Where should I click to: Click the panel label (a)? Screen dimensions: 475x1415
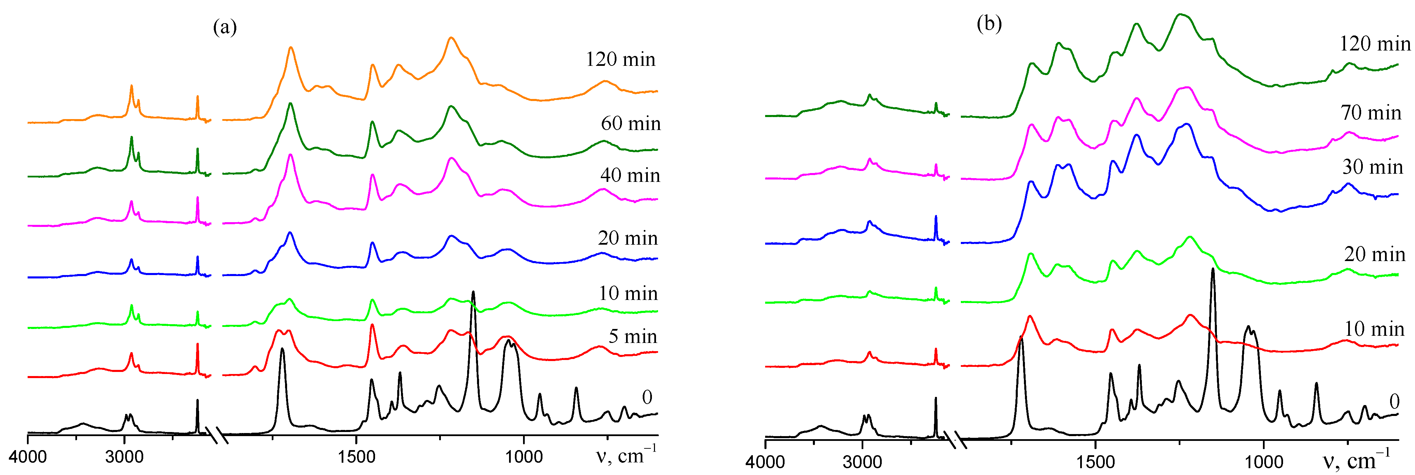pyautogui.click(x=225, y=26)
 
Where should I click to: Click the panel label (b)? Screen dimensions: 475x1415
pyautogui.click(x=989, y=23)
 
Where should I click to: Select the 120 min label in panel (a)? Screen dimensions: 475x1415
pyautogui.click(x=620, y=59)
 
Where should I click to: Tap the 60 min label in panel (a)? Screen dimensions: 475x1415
pyautogui.click(x=630, y=123)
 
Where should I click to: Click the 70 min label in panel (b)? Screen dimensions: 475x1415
pyautogui.click(x=1371, y=113)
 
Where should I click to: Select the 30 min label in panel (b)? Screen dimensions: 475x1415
pyautogui.click(x=1372, y=167)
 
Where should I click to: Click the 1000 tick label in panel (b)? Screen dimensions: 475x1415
pyautogui.click(x=1264, y=462)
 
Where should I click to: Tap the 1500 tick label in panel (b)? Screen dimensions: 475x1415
pyautogui.click(x=1096, y=462)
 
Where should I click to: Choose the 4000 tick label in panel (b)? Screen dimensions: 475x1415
pyautogui.click(x=765, y=462)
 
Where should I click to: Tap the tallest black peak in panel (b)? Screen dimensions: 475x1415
pyautogui.click(x=1212, y=269)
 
